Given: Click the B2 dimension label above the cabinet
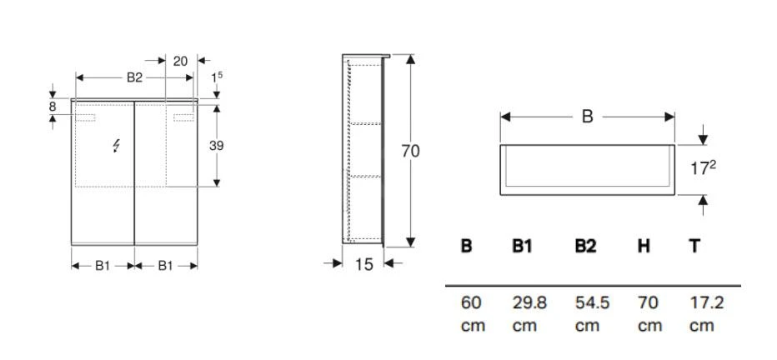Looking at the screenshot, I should coord(134,77).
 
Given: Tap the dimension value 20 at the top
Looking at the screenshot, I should coord(179,61).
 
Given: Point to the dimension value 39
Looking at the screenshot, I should coord(216,145).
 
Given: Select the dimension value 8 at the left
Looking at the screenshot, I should coord(53,107).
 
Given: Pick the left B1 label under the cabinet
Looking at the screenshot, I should coord(102,265).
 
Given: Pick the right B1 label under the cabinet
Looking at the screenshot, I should coord(165,265).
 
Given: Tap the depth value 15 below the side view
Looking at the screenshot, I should coord(363,264).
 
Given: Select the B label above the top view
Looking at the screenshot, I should coord(587,117).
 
